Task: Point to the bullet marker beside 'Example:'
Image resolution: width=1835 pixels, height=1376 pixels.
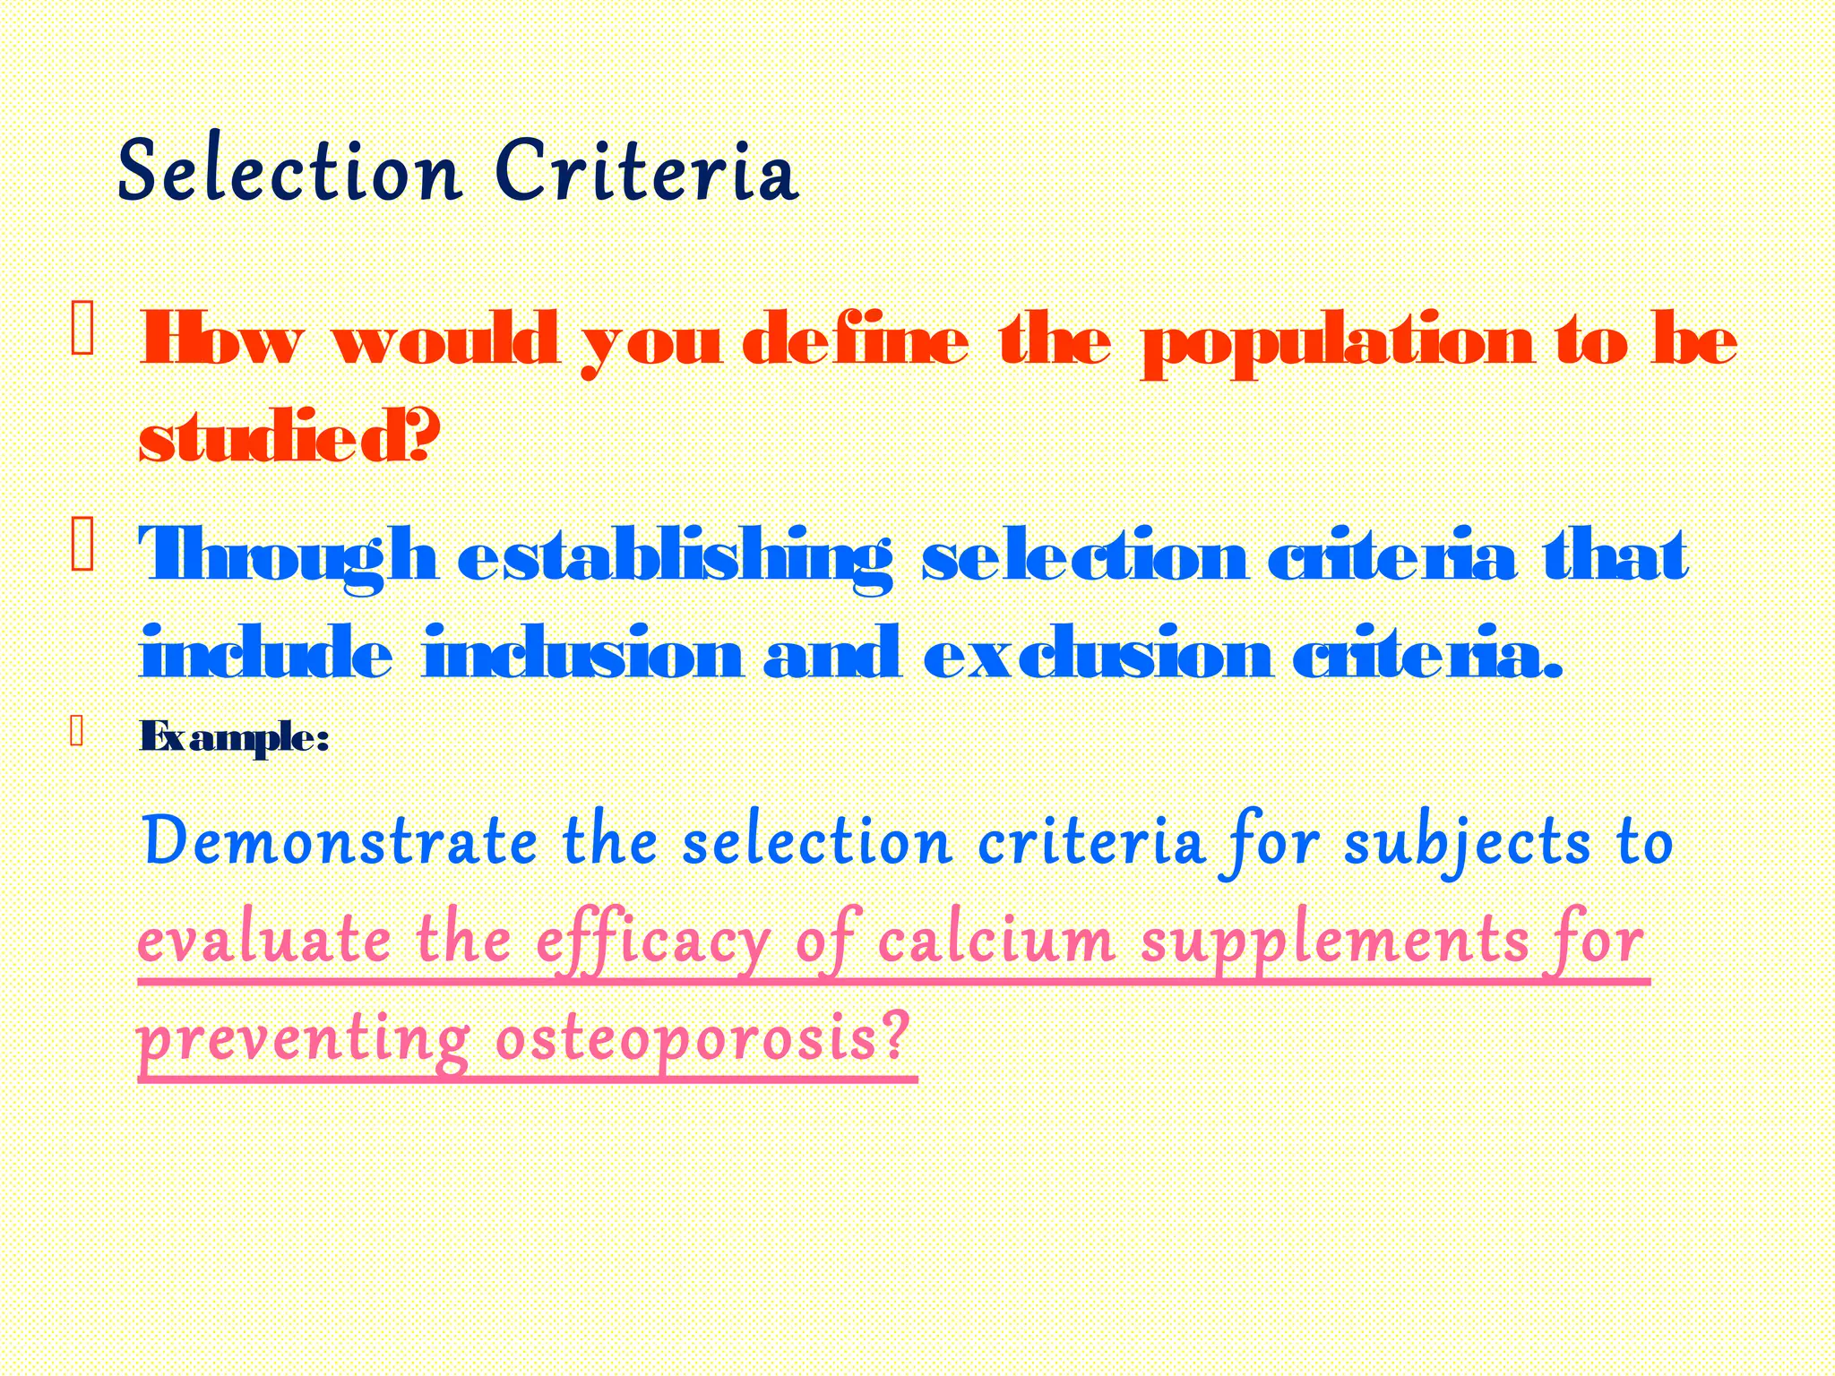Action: click(x=77, y=732)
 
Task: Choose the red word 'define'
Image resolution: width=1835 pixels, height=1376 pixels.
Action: click(x=856, y=341)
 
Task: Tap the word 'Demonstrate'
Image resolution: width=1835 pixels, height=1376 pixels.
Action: click(x=340, y=842)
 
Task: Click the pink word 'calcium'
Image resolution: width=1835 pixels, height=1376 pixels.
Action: click(x=995, y=941)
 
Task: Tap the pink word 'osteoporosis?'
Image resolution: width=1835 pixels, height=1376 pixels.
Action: click(x=702, y=1040)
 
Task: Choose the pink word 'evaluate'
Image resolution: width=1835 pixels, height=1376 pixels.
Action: click(x=264, y=942)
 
